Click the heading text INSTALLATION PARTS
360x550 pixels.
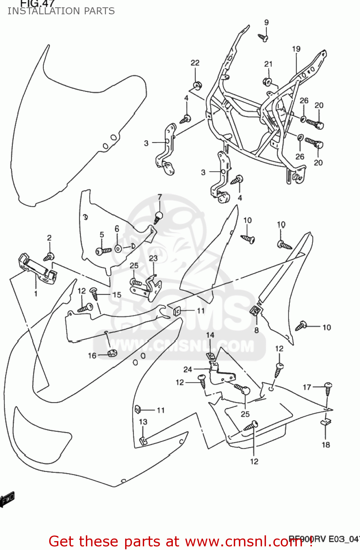pyautogui.click(x=61, y=11)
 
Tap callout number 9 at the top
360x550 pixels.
pyautogui.click(x=266, y=22)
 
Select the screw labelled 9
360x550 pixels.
pyautogui.click(x=263, y=37)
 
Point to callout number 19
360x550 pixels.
pyautogui.click(x=296, y=49)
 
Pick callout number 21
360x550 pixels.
pyautogui.click(x=268, y=64)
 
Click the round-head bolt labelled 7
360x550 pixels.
pyautogui.click(x=158, y=217)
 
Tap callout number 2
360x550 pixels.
pyautogui.click(x=49, y=238)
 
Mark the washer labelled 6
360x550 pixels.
pyautogui.click(x=118, y=249)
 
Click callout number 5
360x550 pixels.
pyautogui.click(x=102, y=234)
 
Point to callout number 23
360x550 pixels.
pyautogui.click(x=153, y=258)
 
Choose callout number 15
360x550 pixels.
pyautogui.click(x=117, y=294)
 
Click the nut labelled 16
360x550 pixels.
pyautogui.click(x=112, y=353)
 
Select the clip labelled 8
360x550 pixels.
pyautogui.click(x=256, y=311)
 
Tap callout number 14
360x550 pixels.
pyautogui.click(x=210, y=335)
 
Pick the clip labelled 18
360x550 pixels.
pyautogui.click(x=326, y=421)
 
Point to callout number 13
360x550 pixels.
pyautogui.click(x=143, y=422)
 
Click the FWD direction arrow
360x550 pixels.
pyautogui.click(x=7, y=499)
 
